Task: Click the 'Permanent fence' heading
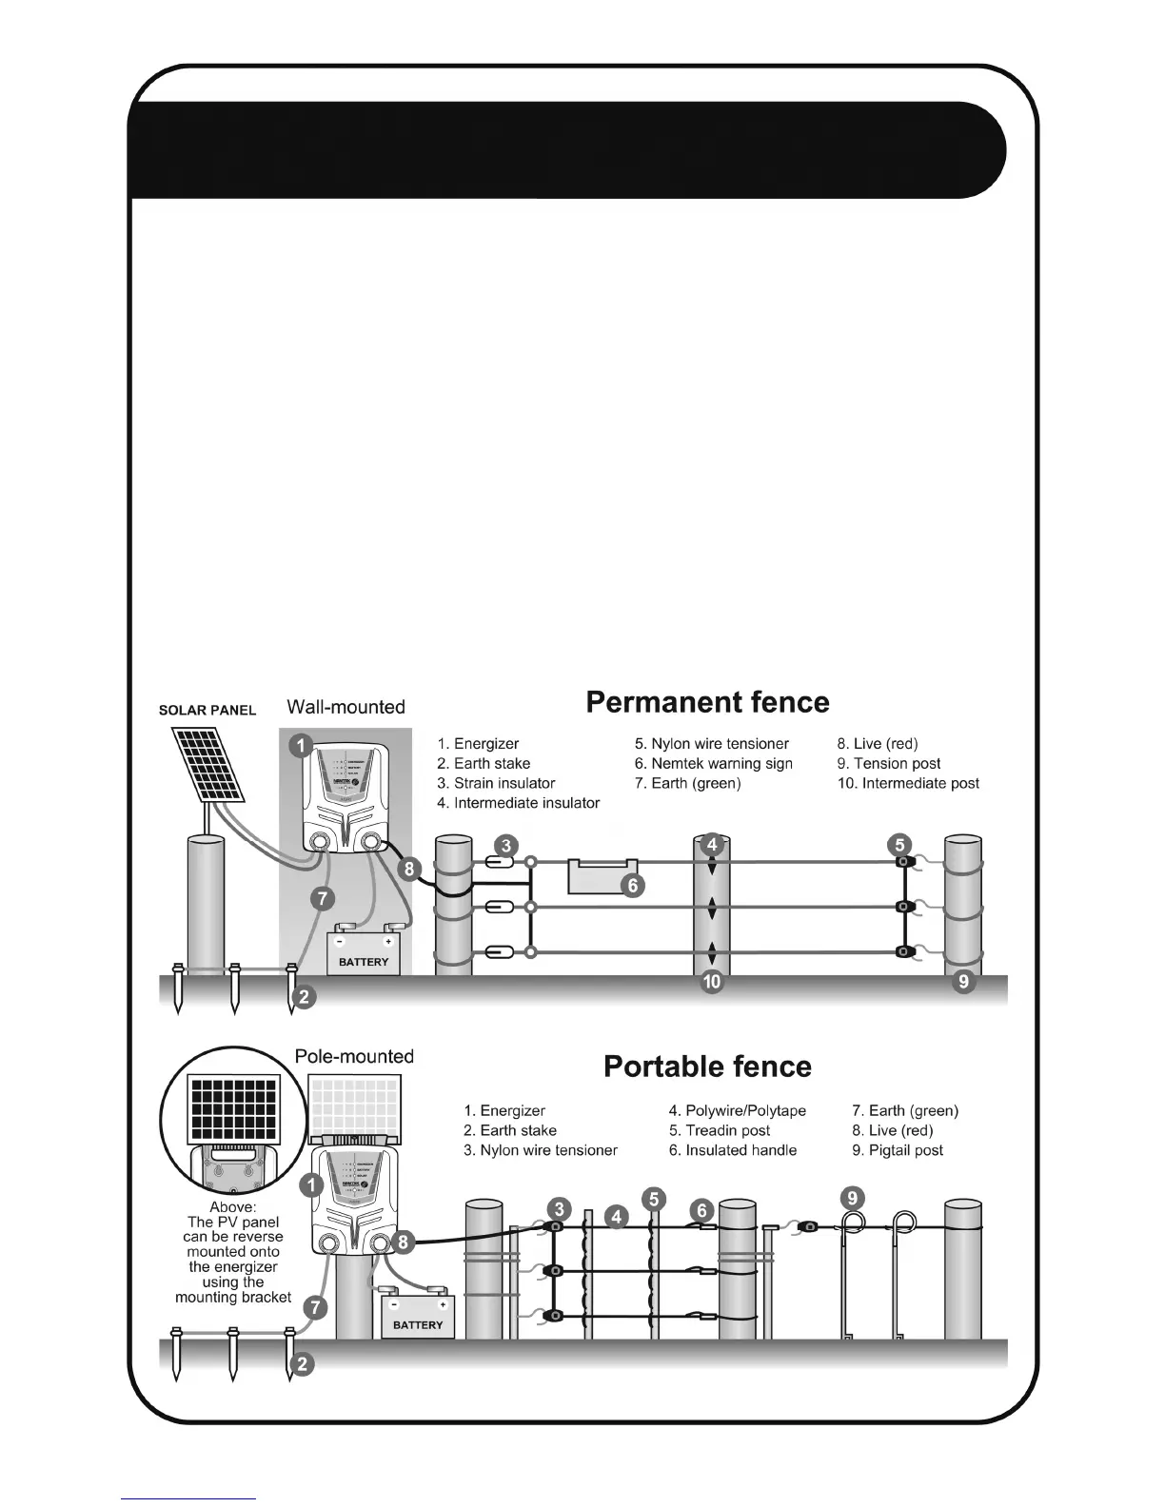coord(707,702)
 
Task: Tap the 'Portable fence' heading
coord(707,1067)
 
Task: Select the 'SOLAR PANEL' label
coord(207,711)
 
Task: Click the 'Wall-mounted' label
coord(346,707)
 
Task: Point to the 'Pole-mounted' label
coord(354,1056)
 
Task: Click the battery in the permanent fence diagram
coord(364,952)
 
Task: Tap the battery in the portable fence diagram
coord(417,1316)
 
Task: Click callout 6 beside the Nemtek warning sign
coord(633,886)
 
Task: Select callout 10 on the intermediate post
coord(712,982)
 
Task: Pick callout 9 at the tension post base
coord(964,981)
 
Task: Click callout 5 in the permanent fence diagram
coord(899,844)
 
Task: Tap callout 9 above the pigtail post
coord(852,1198)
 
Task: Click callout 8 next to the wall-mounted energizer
coord(409,868)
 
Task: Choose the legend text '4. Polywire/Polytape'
coord(737,1110)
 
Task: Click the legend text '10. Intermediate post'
coord(908,783)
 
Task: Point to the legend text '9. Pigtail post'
coord(898,1150)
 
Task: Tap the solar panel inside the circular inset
coord(234,1107)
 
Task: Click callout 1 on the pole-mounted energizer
coord(310,1185)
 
